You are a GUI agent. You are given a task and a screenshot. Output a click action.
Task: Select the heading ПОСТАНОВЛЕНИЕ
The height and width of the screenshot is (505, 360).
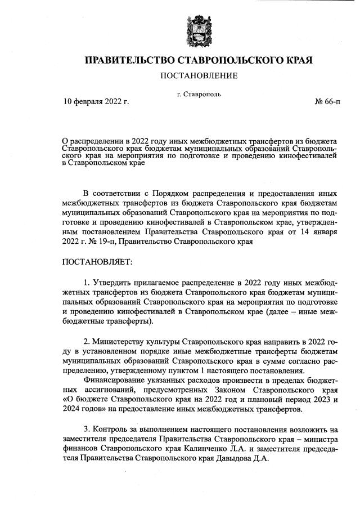[x=199, y=75]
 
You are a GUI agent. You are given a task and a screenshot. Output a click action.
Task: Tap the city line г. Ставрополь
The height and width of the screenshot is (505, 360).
[x=199, y=94]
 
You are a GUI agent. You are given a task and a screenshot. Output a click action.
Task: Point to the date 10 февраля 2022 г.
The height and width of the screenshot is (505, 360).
[x=96, y=102]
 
